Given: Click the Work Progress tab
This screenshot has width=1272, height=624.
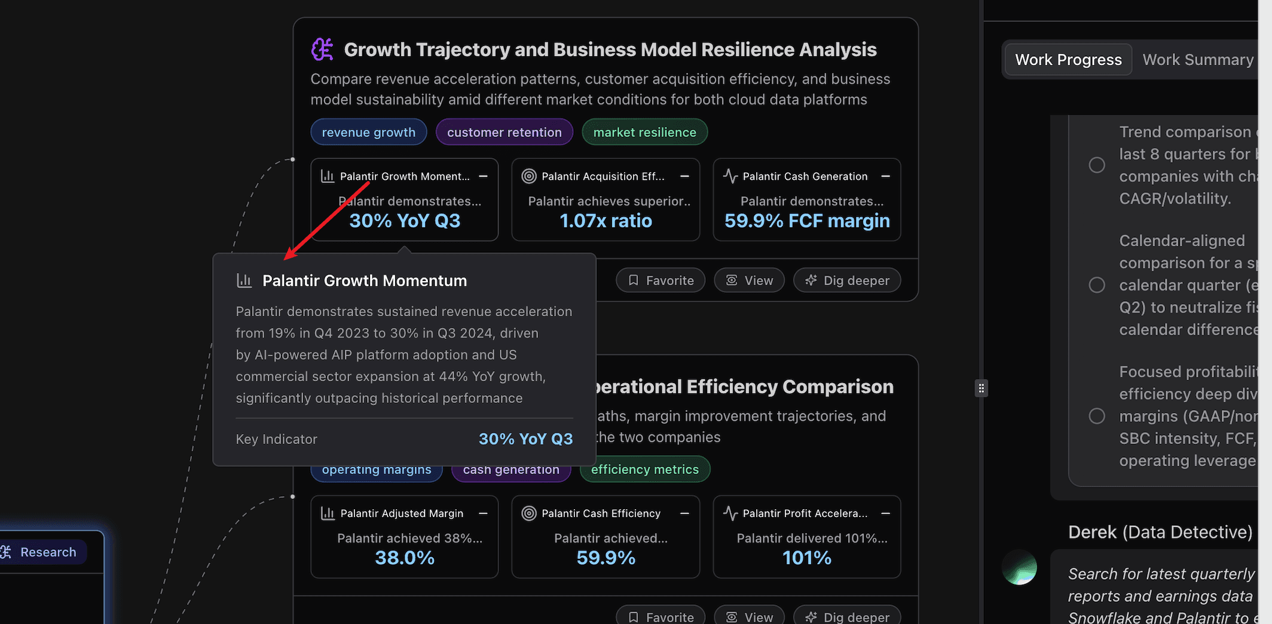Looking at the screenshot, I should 1068,60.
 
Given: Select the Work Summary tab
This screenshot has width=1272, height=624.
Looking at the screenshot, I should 1197,60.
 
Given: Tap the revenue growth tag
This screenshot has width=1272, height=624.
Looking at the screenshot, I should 368,132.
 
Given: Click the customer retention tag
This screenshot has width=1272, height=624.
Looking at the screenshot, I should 504,132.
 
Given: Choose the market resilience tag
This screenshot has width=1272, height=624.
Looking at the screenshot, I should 644,132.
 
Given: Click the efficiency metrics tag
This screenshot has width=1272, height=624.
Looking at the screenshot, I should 644,469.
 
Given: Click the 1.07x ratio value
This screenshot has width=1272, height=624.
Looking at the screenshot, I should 606,221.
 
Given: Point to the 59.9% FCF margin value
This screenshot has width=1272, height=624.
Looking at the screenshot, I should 806,221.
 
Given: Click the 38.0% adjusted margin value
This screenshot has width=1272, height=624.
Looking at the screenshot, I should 405,558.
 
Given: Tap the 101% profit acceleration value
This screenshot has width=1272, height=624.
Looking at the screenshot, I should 806,558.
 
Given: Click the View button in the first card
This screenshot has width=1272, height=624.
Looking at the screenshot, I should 749,280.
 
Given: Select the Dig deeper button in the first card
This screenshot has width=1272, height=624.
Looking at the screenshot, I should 847,280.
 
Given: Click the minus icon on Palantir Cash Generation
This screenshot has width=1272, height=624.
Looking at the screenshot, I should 886,176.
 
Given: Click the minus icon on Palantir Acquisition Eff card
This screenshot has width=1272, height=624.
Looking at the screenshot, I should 685,176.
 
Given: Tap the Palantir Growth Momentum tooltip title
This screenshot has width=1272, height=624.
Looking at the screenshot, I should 365,281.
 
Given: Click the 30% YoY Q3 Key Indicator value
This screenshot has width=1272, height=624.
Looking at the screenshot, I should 525,439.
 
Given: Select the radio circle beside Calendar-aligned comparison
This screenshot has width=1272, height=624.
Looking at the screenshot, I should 1097,285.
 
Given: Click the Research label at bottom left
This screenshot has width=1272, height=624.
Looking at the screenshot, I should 48,552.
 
